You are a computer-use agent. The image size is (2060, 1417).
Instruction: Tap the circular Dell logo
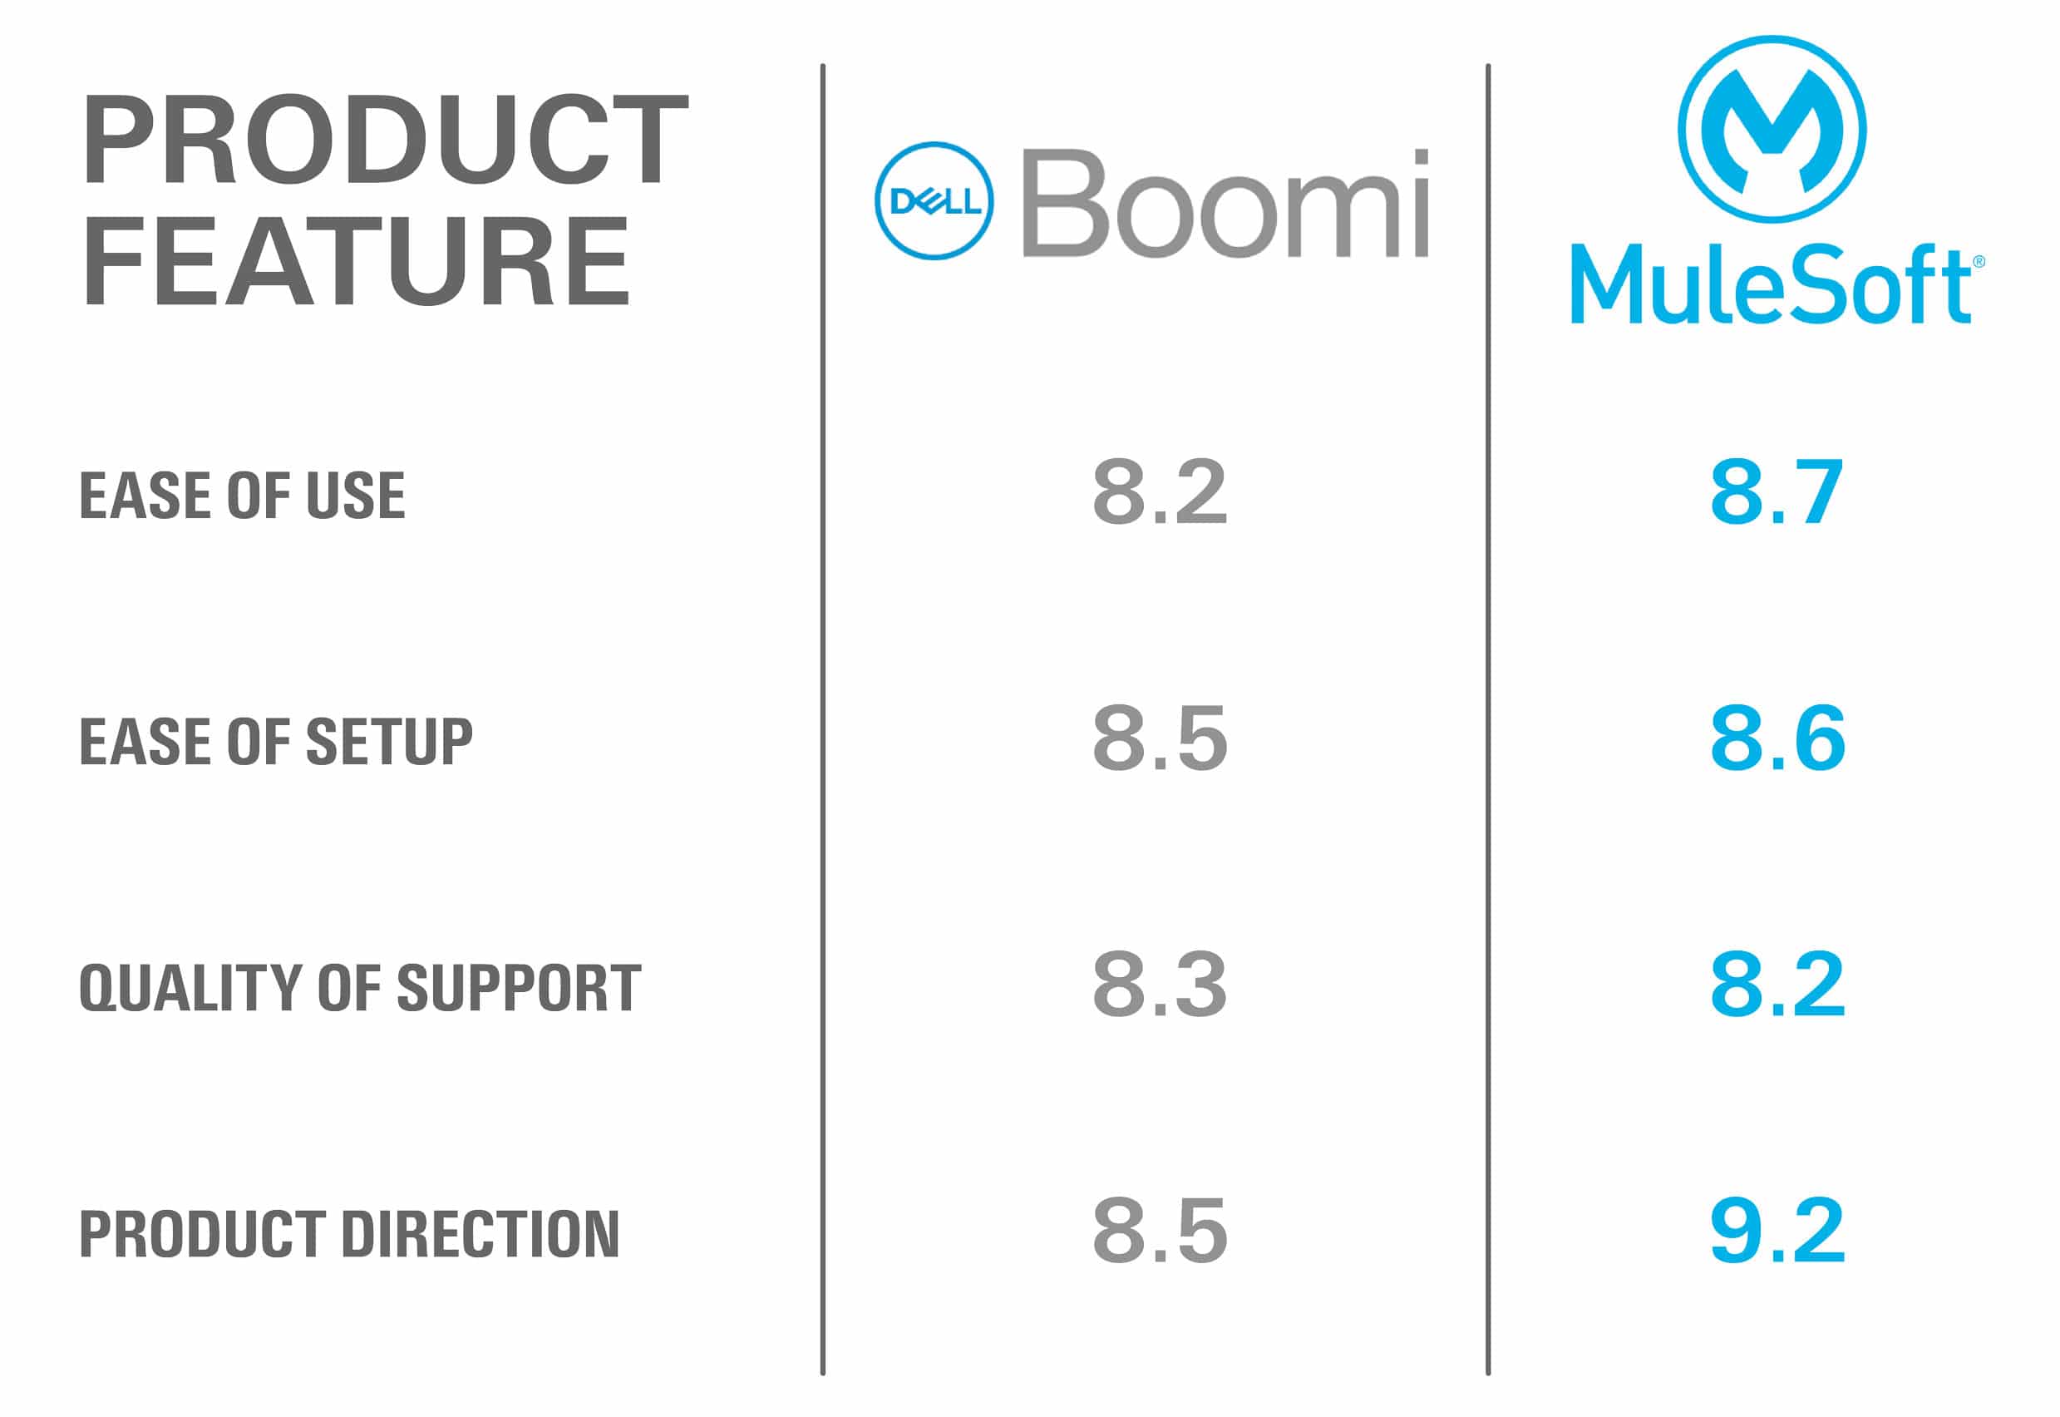(934, 200)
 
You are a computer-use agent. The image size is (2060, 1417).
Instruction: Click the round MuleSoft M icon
(1772, 129)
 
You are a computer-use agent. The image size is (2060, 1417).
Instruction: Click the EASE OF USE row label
(242, 495)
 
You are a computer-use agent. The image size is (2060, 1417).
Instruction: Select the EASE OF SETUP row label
(276, 742)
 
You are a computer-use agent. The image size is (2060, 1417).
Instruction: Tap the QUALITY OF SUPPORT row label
(359, 987)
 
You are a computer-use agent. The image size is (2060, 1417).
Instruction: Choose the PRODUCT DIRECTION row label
(349, 1234)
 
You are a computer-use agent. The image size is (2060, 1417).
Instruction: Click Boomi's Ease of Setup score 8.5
(1159, 738)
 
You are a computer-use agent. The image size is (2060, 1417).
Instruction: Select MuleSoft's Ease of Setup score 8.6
(1777, 738)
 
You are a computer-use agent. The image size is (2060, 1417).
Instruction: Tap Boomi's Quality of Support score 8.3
(1159, 984)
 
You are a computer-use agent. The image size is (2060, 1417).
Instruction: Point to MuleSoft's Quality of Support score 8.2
(1777, 984)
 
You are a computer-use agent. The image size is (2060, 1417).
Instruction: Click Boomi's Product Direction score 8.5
(1159, 1231)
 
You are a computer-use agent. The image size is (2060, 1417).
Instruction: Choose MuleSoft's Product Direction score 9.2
(1777, 1231)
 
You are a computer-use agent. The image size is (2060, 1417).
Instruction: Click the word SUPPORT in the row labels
(519, 987)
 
